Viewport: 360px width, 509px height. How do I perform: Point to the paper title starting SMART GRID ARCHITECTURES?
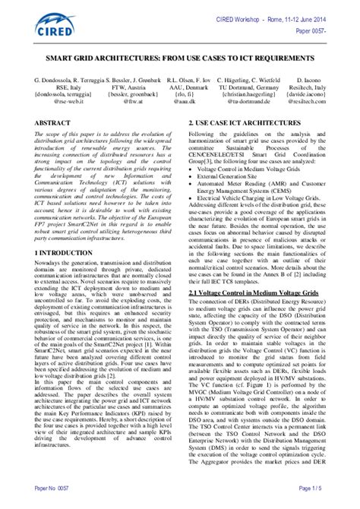click(180, 58)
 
